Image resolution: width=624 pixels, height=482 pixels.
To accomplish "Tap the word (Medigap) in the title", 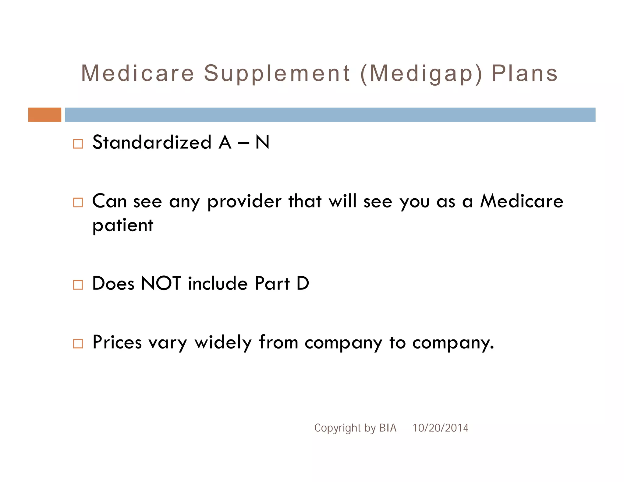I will pyautogui.click(x=421, y=74).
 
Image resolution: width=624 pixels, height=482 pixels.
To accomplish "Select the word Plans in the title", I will pyautogui.click(x=525, y=74).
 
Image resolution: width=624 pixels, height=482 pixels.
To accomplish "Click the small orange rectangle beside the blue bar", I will pyautogui.click(x=44, y=115).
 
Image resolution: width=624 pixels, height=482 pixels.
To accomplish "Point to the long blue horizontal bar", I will pyautogui.click(x=330, y=115).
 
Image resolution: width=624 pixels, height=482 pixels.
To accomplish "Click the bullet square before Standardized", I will pyautogui.click(x=78, y=144).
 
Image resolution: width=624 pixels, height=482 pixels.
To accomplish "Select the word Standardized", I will pyautogui.click(x=152, y=142).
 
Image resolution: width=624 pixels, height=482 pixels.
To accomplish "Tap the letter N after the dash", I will pyautogui.click(x=262, y=142).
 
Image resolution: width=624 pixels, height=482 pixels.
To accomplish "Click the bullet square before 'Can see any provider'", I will pyautogui.click(x=78, y=202).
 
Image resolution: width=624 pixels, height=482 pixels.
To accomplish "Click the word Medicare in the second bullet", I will pyautogui.click(x=522, y=201).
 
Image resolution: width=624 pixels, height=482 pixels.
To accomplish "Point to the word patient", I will pyautogui.click(x=123, y=226).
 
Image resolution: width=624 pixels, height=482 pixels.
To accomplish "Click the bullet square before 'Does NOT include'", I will pyautogui.click(x=78, y=285).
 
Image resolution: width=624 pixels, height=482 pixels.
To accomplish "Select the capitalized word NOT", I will pyautogui.click(x=161, y=283).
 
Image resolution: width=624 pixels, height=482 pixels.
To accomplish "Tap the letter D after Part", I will pyautogui.click(x=303, y=283).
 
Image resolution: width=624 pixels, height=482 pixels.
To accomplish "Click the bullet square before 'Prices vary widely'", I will pyautogui.click(x=78, y=343).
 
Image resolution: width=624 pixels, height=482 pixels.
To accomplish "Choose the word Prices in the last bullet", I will pyautogui.click(x=117, y=342).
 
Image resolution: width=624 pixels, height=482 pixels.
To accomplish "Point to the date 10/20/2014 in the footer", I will pyautogui.click(x=440, y=428).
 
